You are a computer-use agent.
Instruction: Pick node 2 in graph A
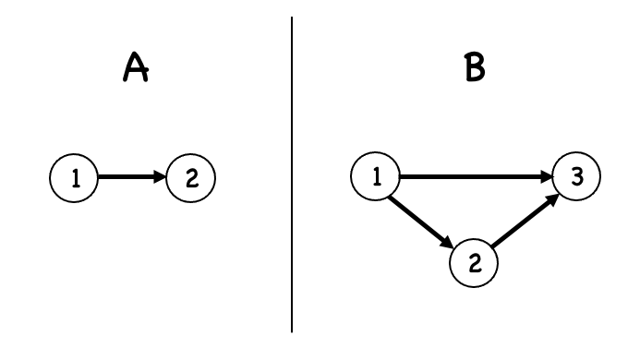tap(190, 174)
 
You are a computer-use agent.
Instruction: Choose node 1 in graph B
tap(377, 174)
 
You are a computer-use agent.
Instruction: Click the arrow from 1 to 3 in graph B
tap(471, 174)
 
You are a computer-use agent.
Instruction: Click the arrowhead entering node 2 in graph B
tap(447, 240)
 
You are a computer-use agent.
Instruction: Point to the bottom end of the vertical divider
tap(293, 330)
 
